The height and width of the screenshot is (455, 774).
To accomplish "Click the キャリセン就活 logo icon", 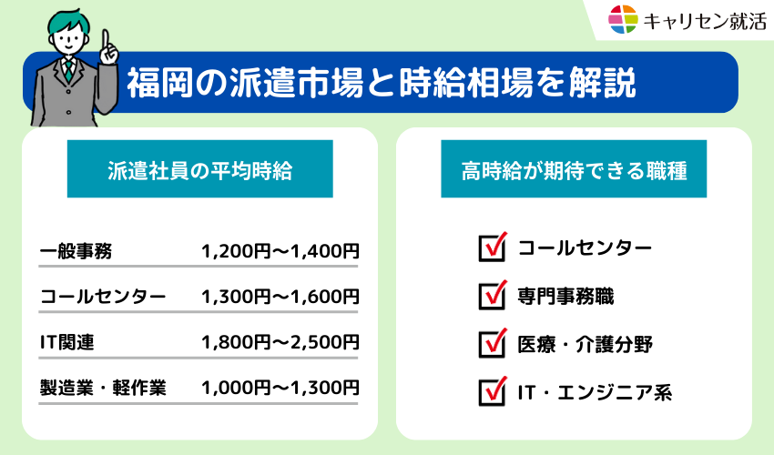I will pyautogui.click(x=623, y=19).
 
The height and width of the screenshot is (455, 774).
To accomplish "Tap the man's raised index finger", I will pyautogui.click(x=106, y=40).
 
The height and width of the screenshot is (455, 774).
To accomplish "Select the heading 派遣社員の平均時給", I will pyautogui.click(x=200, y=169).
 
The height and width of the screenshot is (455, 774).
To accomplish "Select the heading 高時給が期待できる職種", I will pyautogui.click(x=574, y=169).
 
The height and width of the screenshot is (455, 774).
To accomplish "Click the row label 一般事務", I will pyautogui.click(x=76, y=251).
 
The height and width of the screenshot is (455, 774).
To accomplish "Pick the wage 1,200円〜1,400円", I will pyautogui.click(x=280, y=251).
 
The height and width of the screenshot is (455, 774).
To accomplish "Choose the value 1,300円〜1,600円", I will pyautogui.click(x=280, y=297).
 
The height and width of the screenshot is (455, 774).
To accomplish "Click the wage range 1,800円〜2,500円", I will pyautogui.click(x=280, y=342).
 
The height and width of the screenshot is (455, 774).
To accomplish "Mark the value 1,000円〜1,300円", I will pyautogui.click(x=280, y=388).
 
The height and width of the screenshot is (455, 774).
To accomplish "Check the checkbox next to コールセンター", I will pyautogui.click(x=492, y=248).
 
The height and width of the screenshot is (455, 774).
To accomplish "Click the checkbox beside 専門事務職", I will pyautogui.click(x=492, y=296).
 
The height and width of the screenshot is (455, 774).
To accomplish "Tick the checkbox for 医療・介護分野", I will pyautogui.click(x=492, y=344).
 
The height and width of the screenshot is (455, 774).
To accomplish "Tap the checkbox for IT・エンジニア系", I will pyautogui.click(x=492, y=392).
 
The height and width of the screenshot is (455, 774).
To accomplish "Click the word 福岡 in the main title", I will pyautogui.click(x=149, y=83).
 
